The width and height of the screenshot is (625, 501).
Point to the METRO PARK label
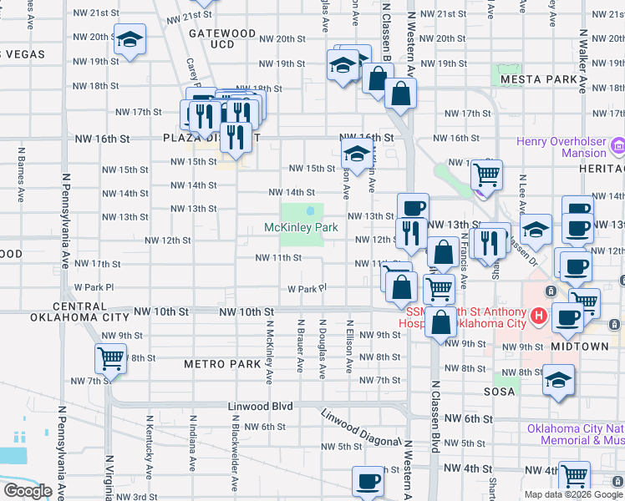coord(222,364)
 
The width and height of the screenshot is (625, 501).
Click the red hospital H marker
coord(539,316)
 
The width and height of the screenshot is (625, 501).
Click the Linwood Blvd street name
coord(261,406)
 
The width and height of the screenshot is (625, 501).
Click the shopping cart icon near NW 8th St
coord(111,359)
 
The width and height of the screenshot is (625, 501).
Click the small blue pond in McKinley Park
coord(311,210)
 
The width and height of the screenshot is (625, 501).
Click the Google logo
coord(28,491)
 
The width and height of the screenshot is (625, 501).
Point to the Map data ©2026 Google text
coord(572,494)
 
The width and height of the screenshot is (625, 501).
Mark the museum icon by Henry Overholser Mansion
coord(618,147)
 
